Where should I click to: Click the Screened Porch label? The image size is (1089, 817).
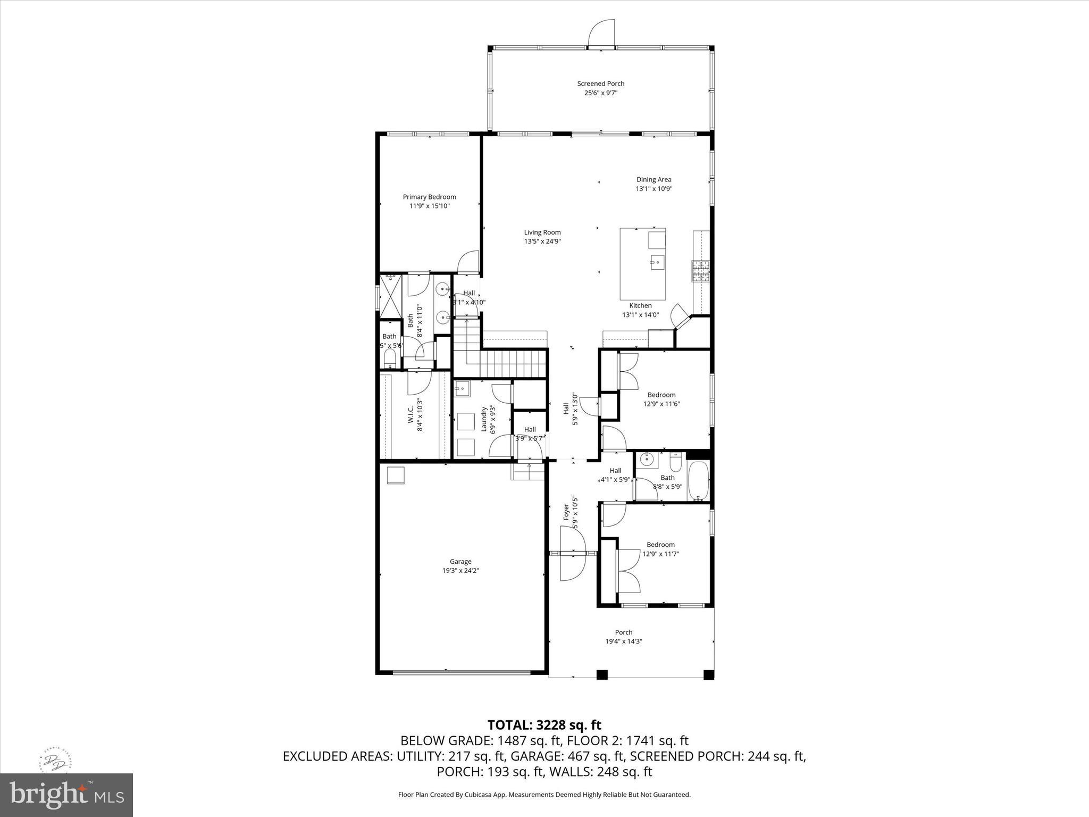click(x=601, y=84)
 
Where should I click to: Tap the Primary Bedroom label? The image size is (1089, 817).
click(x=429, y=197)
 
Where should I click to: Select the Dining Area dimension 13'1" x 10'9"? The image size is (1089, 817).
click(x=654, y=189)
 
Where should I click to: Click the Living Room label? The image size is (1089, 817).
click(x=542, y=232)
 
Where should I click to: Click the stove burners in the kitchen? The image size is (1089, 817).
click(x=701, y=271)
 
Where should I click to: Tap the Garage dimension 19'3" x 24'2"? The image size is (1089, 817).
click(x=460, y=571)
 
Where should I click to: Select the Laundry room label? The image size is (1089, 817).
click(x=484, y=419)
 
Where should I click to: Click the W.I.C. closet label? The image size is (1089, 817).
click(x=411, y=415)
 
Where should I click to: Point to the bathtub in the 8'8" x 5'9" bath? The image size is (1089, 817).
click(x=698, y=481)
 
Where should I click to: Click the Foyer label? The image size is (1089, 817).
click(x=566, y=512)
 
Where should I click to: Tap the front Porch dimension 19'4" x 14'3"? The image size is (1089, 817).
click(x=624, y=641)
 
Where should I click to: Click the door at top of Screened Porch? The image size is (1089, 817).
click(x=602, y=35)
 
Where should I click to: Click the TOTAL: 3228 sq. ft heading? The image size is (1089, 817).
click(x=544, y=725)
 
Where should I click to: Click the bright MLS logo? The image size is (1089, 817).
click(x=67, y=795)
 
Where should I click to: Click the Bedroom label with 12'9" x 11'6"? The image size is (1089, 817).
click(x=661, y=395)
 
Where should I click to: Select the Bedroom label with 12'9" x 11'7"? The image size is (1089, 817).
click(x=660, y=545)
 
